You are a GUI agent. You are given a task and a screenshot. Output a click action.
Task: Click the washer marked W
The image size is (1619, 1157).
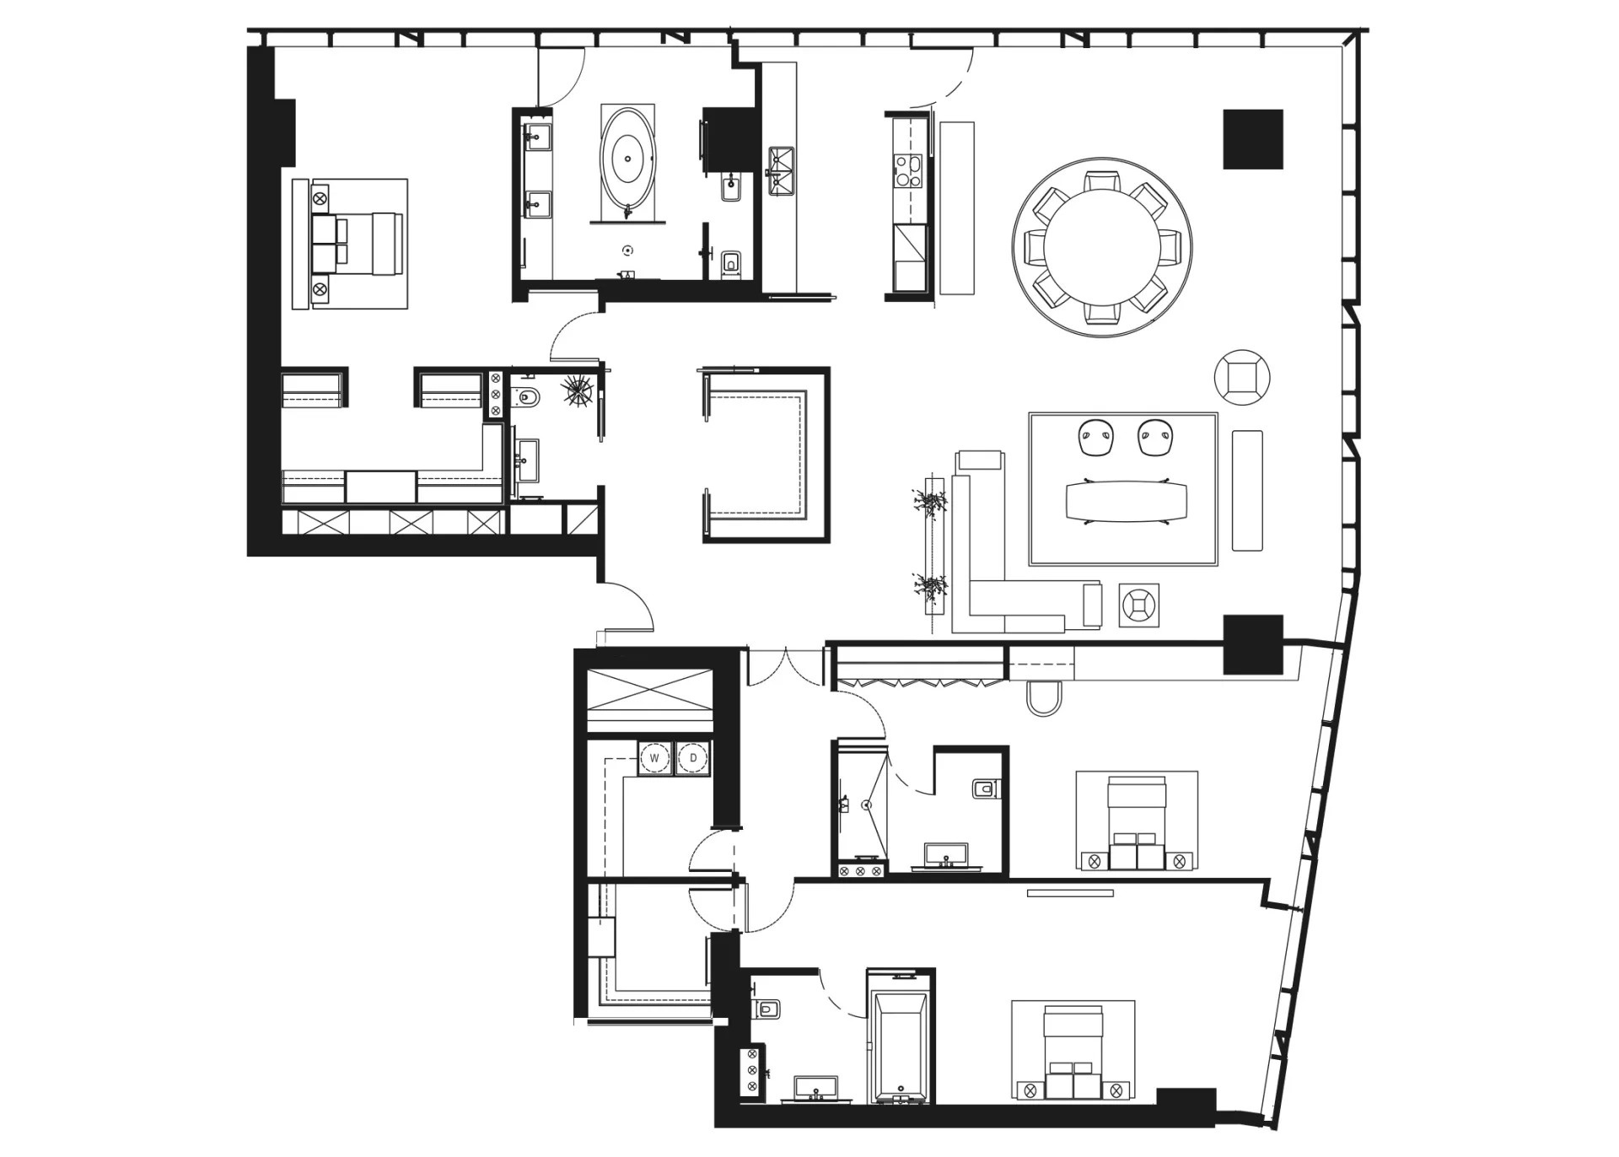tap(654, 758)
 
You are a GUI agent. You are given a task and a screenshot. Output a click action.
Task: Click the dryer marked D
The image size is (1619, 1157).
tap(693, 758)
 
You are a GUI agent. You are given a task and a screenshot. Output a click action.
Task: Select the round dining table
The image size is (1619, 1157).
tap(1102, 248)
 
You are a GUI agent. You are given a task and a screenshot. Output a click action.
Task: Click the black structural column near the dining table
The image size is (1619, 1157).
tap(1253, 139)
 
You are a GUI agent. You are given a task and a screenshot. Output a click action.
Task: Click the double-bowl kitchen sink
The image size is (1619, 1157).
tap(781, 171)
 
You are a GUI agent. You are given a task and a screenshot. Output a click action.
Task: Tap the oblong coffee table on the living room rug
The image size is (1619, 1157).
tap(1126, 501)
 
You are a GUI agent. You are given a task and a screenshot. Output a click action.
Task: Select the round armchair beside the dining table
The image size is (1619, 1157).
tap(1242, 378)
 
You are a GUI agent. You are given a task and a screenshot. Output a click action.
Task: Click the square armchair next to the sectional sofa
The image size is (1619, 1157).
tap(1139, 605)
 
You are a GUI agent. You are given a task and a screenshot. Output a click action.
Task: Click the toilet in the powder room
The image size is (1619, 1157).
tap(527, 397)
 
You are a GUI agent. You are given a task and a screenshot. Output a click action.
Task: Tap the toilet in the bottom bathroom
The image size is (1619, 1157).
tap(767, 1008)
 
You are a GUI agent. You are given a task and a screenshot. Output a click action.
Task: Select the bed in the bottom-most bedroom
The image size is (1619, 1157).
tap(1073, 1051)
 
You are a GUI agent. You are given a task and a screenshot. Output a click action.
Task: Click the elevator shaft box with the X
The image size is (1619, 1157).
tap(649, 690)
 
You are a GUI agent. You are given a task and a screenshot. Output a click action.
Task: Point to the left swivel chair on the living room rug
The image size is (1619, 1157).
tap(1095, 438)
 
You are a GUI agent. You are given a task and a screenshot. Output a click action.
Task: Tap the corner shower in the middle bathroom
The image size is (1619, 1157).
tap(860, 805)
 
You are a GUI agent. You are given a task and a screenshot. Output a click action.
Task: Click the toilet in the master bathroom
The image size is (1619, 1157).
tap(730, 263)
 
